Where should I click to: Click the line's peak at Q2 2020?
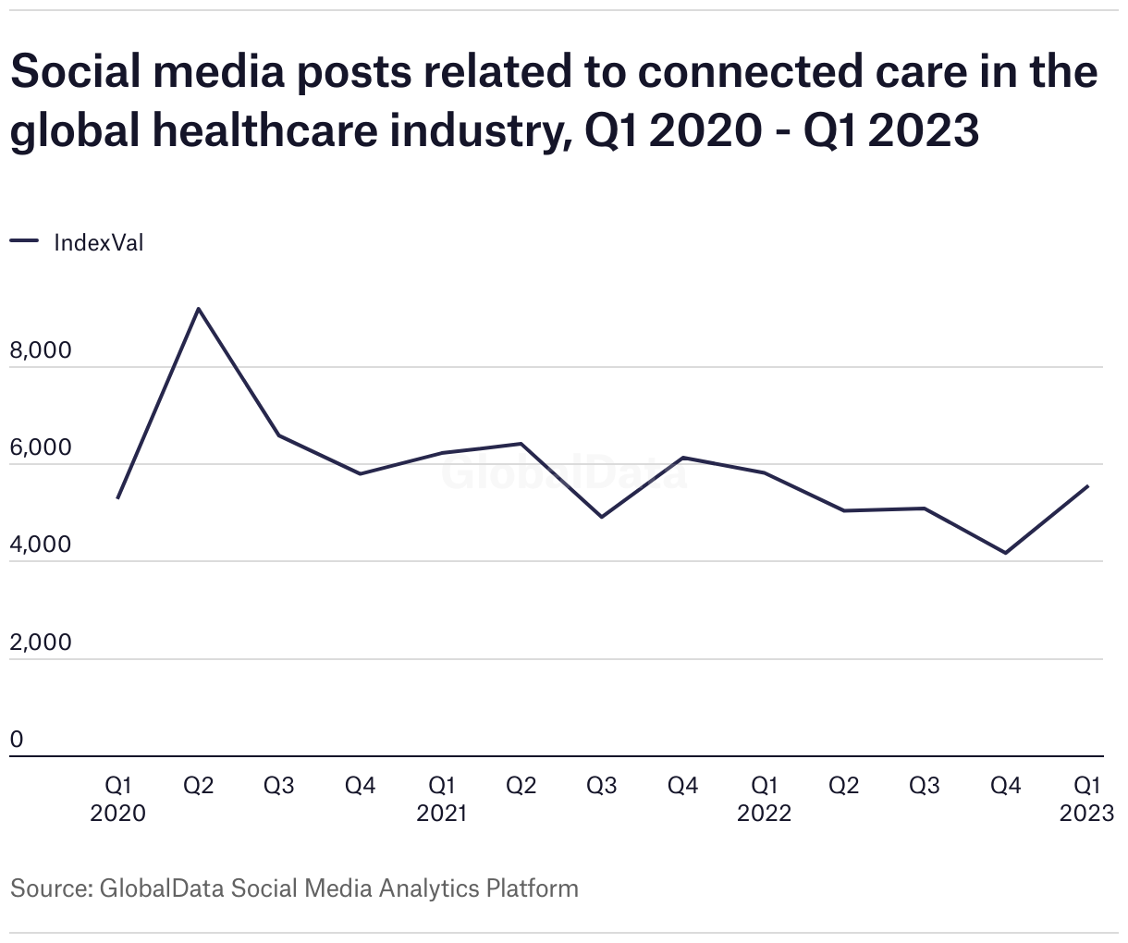pyautogui.click(x=199, y=309)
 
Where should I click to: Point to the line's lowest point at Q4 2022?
pyautogui.click(x=1006, y=553)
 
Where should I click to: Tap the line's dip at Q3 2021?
pyautogui.click(x=602, y=517)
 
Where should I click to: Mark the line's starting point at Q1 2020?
pyautogui.click(x=118, y=498)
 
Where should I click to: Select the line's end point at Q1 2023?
pyautogui.click(x=1087, y=486)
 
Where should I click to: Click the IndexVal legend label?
pyautogui.click(x=99, y=243)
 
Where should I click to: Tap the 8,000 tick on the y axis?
pyautogui.click(x=40, y=351)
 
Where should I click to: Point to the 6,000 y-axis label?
pyautogui.click(x=40, y=448)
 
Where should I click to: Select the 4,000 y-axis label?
pyautogui.click(x=40, y=545)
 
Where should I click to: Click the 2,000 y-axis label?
pyautogui.click(x=40, y=643)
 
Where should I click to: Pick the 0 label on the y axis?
pyautogui.click(x=17, y=740)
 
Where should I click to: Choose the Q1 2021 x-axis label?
pyautogui.click(x=441, y=800)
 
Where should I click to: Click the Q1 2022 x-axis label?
pyautogui.click(x=764, y=800)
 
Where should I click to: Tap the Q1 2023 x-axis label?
pyautogui.click(x=1086, y=800)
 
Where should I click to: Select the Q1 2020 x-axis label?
pyautogui.click(x=118, y=800)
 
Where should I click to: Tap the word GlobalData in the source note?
pyautogui.click(x=161, y=888)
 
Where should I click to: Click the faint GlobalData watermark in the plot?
pyautogui.click(x=563, y=472)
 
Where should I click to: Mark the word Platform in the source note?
pyautogui.click(x=533, y=888)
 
